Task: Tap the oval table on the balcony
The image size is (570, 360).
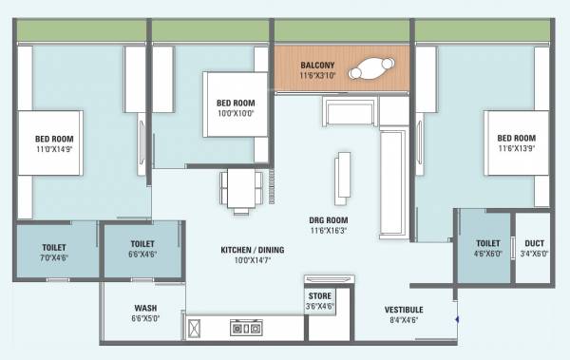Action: pos(370,69)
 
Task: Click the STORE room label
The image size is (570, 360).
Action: pos(319,295)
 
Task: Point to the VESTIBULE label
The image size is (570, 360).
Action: pos(404,311)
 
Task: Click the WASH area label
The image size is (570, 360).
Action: pos(145,308)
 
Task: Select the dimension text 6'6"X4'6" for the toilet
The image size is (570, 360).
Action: pos(142,255)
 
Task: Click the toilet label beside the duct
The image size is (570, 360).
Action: pos(487,243)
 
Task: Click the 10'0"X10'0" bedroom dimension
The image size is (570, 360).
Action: pos(234,113)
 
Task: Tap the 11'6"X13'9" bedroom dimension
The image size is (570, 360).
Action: pos(516,149)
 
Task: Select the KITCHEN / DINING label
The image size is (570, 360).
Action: pos(252,251)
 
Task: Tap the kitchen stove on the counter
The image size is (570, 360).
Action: pos(246,329)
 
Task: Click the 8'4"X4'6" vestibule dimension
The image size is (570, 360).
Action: pos(404,321)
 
